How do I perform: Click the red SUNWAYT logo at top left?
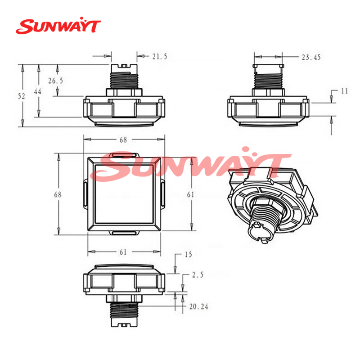click(58, 27)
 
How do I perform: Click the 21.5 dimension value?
click(160, 57)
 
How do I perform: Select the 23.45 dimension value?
click(311, 57)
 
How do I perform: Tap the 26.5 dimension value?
click(55, 81)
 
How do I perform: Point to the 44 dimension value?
click(38, 91)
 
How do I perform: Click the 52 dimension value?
click(21, 96)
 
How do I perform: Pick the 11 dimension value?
click(344, 91)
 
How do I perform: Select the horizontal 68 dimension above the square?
click(123, 139)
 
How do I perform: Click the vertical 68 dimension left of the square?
click(58, 194)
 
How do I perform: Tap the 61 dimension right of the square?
click(190, 194)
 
